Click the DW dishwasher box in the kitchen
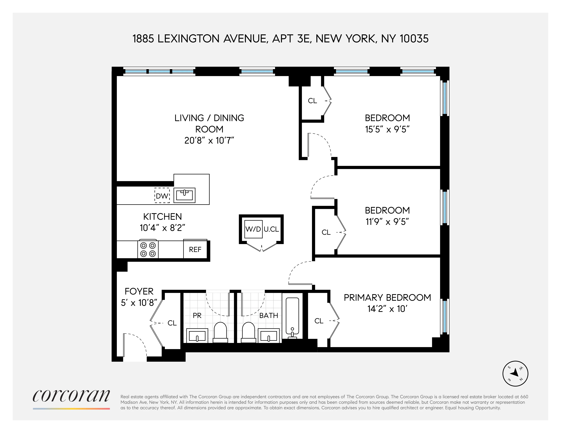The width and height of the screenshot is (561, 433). pyautogui.click(x=162, y=196)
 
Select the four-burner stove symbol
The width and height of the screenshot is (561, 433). pyautogui.click(x=148, y=250)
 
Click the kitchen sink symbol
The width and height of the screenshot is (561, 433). pyautogui.click(x=185, y=195)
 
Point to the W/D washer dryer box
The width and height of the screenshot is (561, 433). pyautogui.click(x=253, y=229)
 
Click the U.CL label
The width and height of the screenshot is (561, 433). pyautogui.click(x=271, y=229)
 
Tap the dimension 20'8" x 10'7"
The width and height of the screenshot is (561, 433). pyautogui.click(x=209, y=141)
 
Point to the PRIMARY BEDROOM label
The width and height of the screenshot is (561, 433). pyautogui.click(x=387, y=298)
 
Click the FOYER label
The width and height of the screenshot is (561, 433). pyautogui.click(x=139, y=291)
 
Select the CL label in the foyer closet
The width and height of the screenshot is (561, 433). pyautogui.click(x=172, y=323)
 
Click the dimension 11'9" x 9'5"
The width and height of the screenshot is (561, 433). pyautogui.click(x=387, y=222)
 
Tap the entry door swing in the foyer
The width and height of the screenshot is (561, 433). pyautogui.click(x=135, y=345)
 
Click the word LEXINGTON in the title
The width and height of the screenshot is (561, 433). pyautogui.click(x=188, y=39)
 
